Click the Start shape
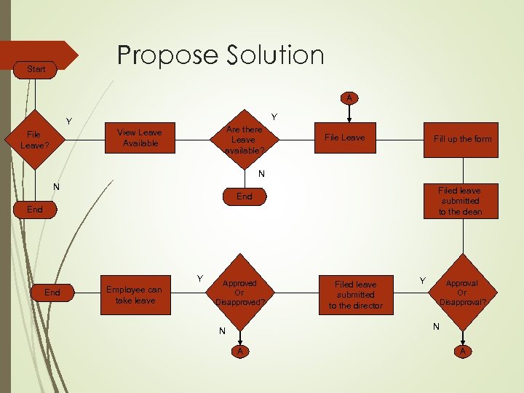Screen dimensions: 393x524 point(36,69)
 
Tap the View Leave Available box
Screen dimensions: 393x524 point(140,138)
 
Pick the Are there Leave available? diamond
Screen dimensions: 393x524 point(243,139)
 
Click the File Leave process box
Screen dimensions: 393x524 point(344,138)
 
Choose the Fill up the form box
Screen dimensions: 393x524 point(462,138)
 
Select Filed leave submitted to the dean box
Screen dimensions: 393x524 point(459,201)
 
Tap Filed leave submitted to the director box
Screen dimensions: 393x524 point(355,295)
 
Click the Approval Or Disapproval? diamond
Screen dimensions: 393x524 point(461,293)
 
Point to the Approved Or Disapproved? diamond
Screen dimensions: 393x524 point(239,292)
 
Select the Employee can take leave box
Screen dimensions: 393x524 point(135,294)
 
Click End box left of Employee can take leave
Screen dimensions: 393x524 point(52,293)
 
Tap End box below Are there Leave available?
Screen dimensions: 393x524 point(245,196)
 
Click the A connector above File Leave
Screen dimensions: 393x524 point(349,98)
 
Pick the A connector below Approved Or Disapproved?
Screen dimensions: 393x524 point(239,352)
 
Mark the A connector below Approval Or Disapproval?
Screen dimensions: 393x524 point(461,352)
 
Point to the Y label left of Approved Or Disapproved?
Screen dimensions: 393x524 point(199,277)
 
